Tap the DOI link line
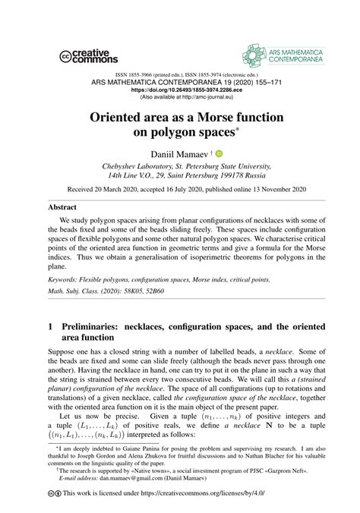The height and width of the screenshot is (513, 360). [x=180, y=88]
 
